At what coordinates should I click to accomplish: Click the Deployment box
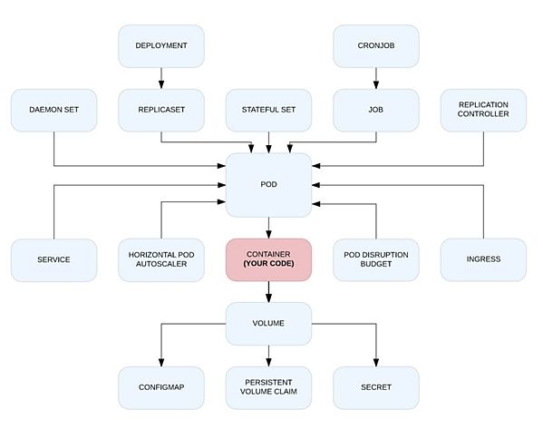pyautogui.click(x=161, y=46)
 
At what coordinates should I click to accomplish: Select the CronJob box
pyautogui.click(x=376, y=46)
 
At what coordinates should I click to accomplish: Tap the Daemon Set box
pyautogui.click(x=54, y=110)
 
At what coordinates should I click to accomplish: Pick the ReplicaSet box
pyautogui.click(x=161, y=110)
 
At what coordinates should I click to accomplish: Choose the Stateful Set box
pyautogui.click(x=268, y=110)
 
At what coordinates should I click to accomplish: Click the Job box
pyautogui.click(x=376, y=110)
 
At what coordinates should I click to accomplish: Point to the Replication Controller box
pyautogui.click(x=483, y=110)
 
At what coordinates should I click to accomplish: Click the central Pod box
pyautogui.click(x=268, y=185)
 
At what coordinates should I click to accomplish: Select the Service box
pyautogui.click(x=54, y=260)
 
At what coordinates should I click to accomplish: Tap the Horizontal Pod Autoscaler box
pyautogui.click(x=161, y=260)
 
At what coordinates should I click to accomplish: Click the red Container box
pyautogui.click(x=268, y=260)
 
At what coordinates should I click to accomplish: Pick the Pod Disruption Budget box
pyautogui.click(x=376, y=260)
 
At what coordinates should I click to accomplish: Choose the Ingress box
pyautogui.click(x=483, y=260)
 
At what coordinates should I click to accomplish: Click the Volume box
pyautogui.click(x=268, y=324)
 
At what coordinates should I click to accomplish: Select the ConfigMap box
pyautogui.click(x=161, y=388)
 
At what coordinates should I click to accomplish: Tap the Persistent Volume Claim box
pyautogui.click(x=268, y=388)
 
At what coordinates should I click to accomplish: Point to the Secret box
pyautogui.click(x=376, y=388)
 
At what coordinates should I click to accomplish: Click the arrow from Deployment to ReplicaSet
pyautogui.click(x=161, y=78)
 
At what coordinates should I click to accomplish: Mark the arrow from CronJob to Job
pyautogui.click(x=376, y=78)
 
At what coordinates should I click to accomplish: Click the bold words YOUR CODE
pyautogui.click(x=268, y=264)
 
